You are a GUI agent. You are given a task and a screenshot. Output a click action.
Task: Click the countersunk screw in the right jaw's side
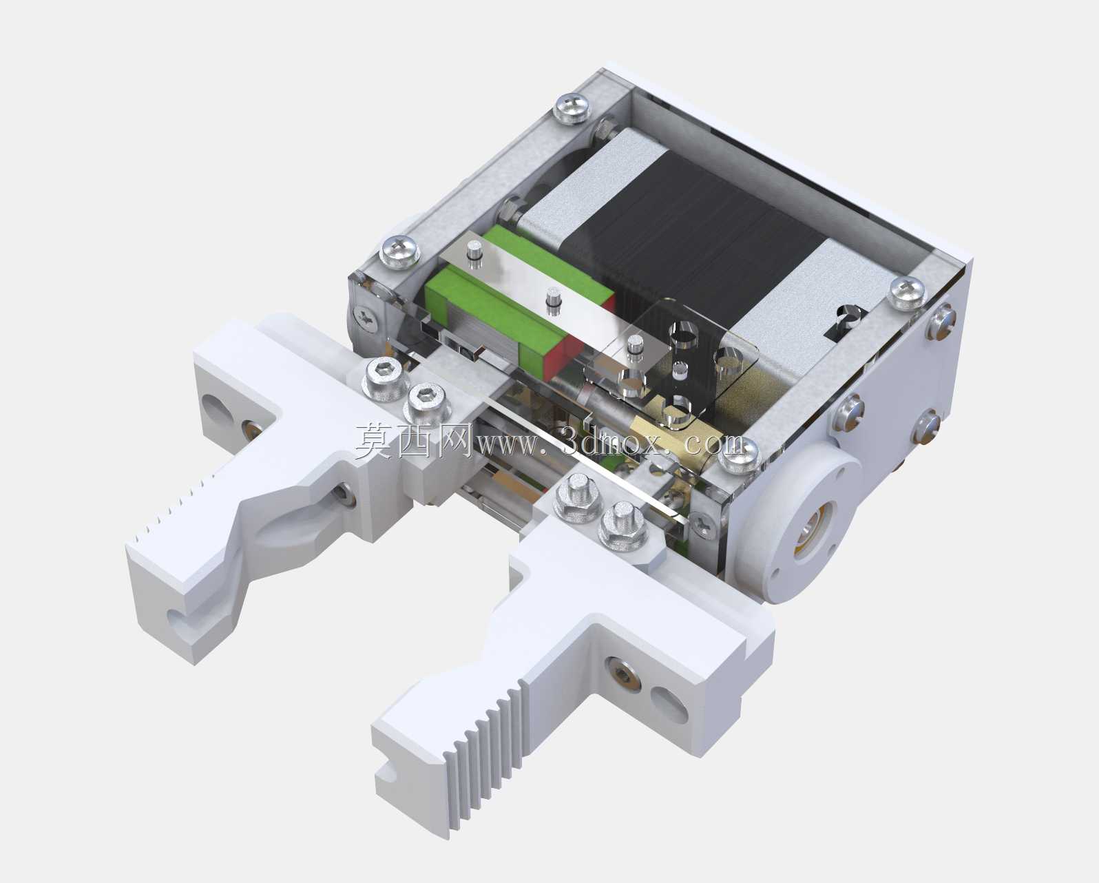[x=622, y=674]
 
